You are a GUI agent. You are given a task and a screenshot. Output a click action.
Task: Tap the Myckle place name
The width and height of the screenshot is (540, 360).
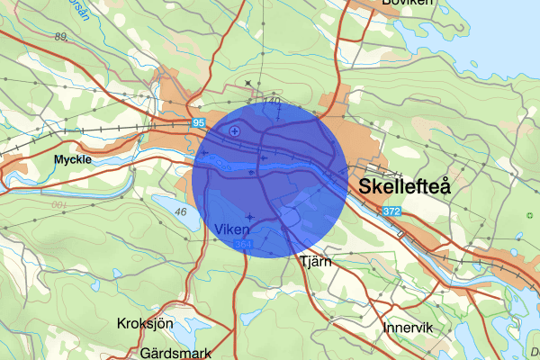pyautogui.click(x=73, y=159)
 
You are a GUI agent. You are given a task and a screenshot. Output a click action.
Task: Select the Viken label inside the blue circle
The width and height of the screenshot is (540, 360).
pyautogui.click(x=233, y=229)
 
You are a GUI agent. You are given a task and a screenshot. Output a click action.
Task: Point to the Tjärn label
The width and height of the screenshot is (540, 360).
pyautogui.click(x=315, y=262)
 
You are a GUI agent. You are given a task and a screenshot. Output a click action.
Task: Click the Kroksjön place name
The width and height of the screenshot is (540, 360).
pyautogui.click(x=145, y=323)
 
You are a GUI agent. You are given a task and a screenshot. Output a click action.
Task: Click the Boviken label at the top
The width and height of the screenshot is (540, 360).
pyautogui.click(x=408, y=4)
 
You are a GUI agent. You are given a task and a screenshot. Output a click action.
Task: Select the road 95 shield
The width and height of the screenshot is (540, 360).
pyautogui.click(x=198, y=121)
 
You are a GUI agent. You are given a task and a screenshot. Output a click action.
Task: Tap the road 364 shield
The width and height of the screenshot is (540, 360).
pyautogui.click(x=241, y=245)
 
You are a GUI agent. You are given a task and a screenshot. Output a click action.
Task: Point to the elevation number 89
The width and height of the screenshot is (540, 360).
pyautogui.click(x=61, y=36)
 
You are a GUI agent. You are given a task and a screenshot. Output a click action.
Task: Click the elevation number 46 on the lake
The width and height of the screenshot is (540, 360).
pyautogui.click(x=181, y=211)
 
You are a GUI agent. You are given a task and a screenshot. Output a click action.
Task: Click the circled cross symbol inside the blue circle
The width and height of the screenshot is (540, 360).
pyautogui.click(x=235, y=131)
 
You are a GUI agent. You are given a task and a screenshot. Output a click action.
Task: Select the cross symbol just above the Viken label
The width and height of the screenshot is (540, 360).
pyautogui.click(x=249, y=217)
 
